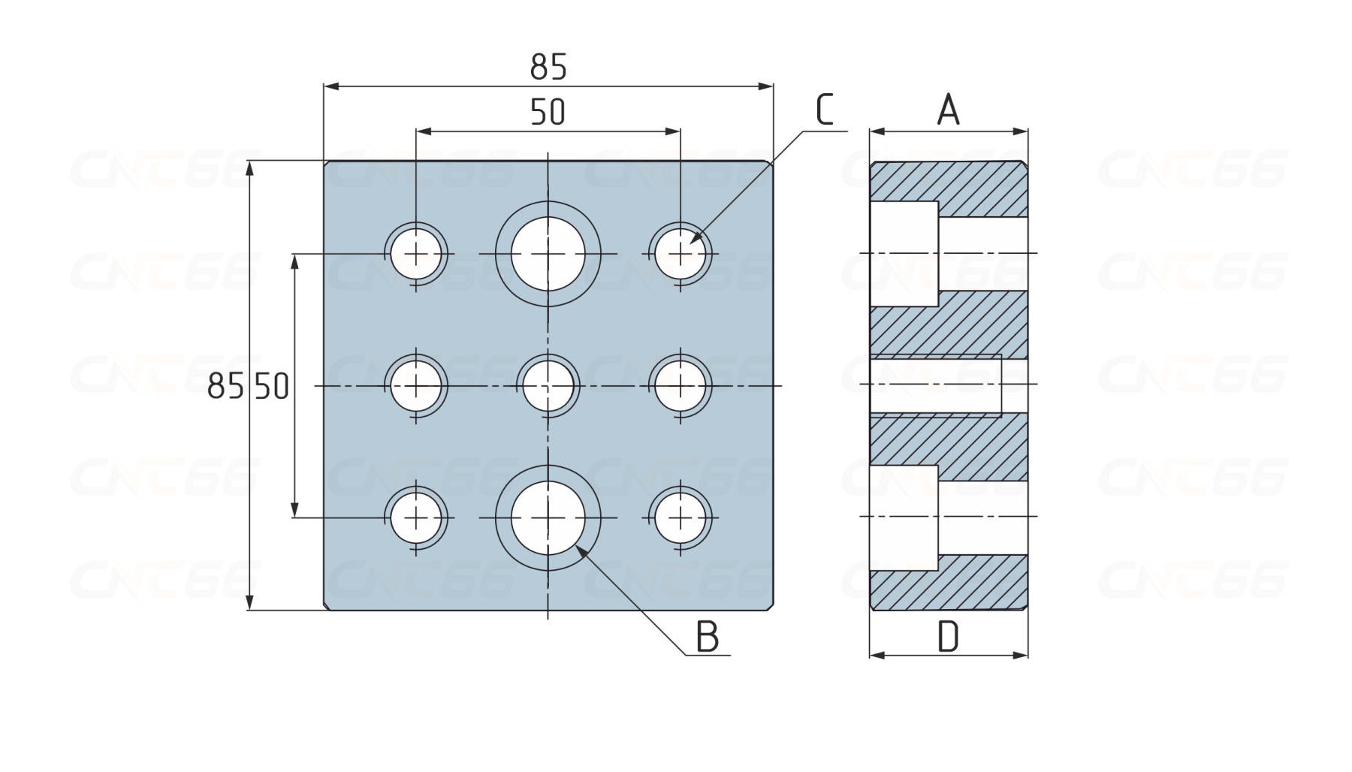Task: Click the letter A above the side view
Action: pyautogui.click(x=948, y=110)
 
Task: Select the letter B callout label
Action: pyautogui.click(x=707, y=637)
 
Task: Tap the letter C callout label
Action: pyautogui.click(x=824, y=110)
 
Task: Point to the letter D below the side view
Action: pyautogui.click(x=948, y=638)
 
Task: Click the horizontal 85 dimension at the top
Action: pyautogui.click(x=548, y=68)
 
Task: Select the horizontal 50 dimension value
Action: pyautogui.click(x=548, y=113)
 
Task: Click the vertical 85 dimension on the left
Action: pyautogui.click(x=225, y=387)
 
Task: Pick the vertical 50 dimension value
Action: pyautogui.click(x=272, y=387)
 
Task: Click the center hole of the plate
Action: pyautogui.click(x=548, y=386)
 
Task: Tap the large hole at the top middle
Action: pyautogui.click(x=548, y=254)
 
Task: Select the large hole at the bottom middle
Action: pyautogui.click(x=548, y=518)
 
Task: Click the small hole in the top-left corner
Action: pyautogui.click(x=416, y=254)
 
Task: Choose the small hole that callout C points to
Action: pyautogui.click(x=681, y=254)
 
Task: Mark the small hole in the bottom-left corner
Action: pyautogui.click(x=416, y=518)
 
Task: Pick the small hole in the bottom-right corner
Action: pyautogui.click(x=681, y=518)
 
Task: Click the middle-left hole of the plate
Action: pyautogui.click(x=416, y=386)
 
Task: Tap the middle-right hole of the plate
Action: pyautogui.click(x=681, y=386)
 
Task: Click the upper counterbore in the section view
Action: pyautogui.click(x=904, y=254)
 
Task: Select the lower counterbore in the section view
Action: pyautogui.click(x=904, y=518)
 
